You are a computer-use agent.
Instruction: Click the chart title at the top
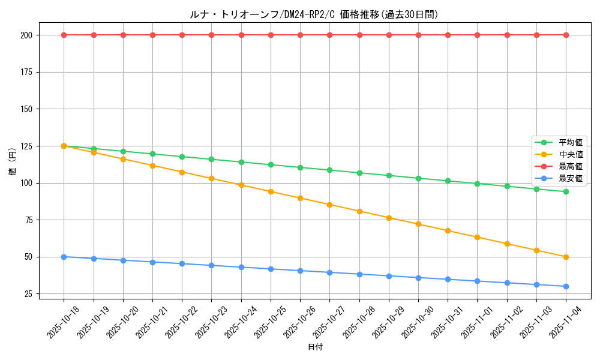pyautogui.click(x=314, y=14)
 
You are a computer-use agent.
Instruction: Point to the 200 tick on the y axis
pyautogui.click(x=28, y=35)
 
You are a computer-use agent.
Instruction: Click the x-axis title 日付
pyautogui.click(x=315, y=347)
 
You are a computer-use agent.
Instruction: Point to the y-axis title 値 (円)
pyautogui.click(x=12, y=162)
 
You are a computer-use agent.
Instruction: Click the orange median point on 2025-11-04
pyautogui.click(x=566, y=257)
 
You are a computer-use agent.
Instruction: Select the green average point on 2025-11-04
pyautogui.click(x=566, y=191)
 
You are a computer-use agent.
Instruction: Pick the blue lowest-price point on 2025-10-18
pyautogui.click(x=64, y=257)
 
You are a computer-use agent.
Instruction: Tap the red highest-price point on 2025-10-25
pyautogui.click(x=271, y=35)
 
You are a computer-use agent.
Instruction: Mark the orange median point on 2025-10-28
pyautogui.click(x=359, y=211)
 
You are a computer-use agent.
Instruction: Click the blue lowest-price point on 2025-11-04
pyautogui.click(x=566, y=286)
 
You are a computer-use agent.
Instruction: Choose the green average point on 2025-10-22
pyautogui.click(x=182, y=157)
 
